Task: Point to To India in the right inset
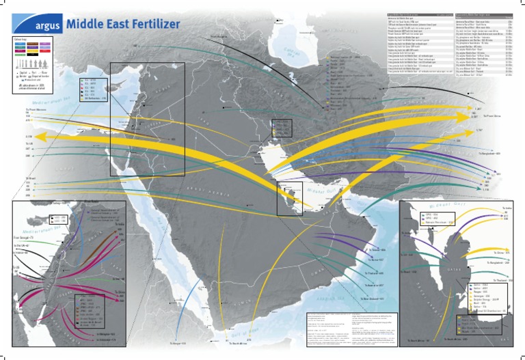(507, 208)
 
